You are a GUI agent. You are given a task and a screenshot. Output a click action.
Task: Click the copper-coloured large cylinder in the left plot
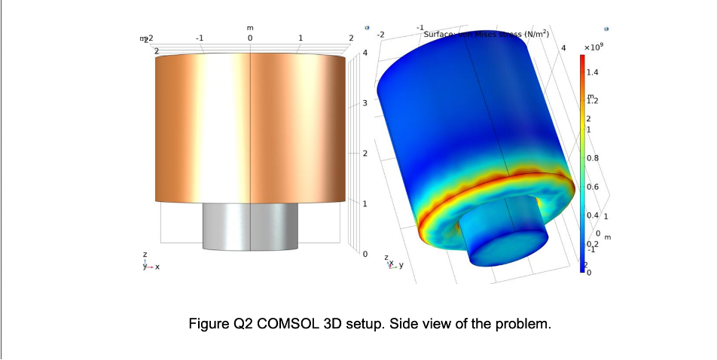(x=251, y=128)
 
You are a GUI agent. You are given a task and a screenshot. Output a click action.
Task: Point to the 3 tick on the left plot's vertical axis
(x=366, y=103)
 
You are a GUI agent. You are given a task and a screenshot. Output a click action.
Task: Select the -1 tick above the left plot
(x=199, y=37)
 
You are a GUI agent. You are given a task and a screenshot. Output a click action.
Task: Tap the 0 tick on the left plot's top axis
(x=249, y=37)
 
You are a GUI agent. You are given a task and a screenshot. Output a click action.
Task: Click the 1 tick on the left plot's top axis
(x=301, y=37)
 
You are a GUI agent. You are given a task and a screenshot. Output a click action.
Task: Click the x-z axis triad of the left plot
(x=149, y=263)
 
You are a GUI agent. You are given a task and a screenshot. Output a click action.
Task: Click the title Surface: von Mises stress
(x=487, y=35)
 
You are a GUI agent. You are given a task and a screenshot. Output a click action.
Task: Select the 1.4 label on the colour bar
(x=593, y=73)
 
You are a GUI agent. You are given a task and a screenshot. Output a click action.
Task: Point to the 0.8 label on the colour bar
(x=593, y=159)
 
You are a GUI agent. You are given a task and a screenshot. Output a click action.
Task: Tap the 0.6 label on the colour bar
(x=593, y=187)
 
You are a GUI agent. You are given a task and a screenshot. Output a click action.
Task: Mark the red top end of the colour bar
(x=582, y=60)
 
